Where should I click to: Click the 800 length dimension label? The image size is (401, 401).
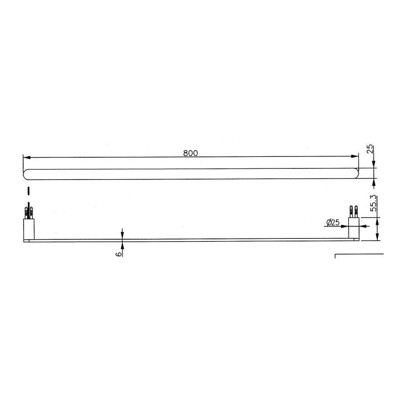(191, 153)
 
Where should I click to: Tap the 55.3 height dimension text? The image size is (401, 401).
(374, 203)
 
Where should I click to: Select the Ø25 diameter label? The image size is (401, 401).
(333, 222)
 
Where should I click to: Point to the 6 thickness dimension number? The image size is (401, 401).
(119, 254)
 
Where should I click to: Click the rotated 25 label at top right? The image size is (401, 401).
(370, 149)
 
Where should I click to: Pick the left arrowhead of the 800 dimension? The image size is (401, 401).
(27, 157)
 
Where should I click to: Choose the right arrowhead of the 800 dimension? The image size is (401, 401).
(355, 156)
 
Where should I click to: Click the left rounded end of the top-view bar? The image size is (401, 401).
(25, 174)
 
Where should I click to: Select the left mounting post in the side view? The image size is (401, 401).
(29, 229)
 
